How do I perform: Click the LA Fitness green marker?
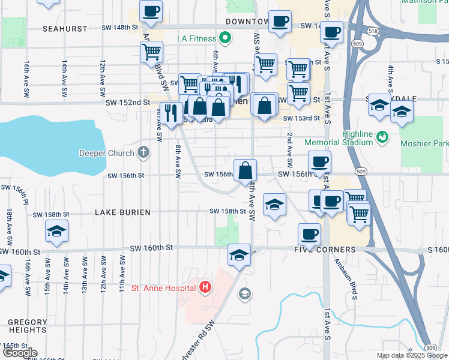click(225, 39)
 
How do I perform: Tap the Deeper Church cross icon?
click(143, 152)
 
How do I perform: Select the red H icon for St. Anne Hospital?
click(205, 288)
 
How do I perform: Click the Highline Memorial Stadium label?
click(338, 138)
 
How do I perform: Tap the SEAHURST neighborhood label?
click(65, 28)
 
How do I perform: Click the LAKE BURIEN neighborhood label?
click(122, 212)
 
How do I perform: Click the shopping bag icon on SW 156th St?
click(246, 171)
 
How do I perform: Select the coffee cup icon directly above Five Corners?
click(309, 233)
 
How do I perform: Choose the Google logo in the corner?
click(19, 353)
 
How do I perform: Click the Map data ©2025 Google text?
click(412, 355)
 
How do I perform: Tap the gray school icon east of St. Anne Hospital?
click(244, 293)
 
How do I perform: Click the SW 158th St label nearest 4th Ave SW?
click(228, 211)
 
